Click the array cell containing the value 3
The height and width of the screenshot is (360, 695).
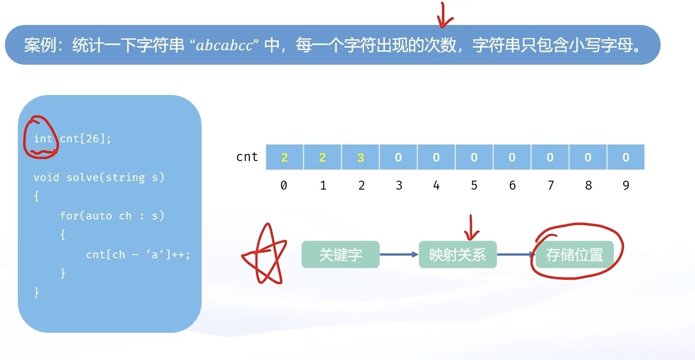[x=360, y=157]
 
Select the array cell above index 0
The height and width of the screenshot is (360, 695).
[x=285, y=157]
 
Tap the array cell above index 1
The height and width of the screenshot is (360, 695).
[x=323, y=157]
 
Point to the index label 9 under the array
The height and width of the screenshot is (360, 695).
[x=626, y=185]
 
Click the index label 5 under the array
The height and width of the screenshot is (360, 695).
[x=474, y=185]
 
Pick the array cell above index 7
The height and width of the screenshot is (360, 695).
[x=550, y=157]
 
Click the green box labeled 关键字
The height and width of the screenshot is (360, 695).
[x=340, y=255]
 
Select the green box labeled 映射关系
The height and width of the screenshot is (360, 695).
[x=457, y=255]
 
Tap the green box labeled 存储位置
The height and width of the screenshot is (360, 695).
[x=575, y=255]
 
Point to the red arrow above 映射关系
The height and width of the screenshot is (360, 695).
[x=471, y=228]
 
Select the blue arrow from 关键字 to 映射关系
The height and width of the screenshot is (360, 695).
[x=399, y=255]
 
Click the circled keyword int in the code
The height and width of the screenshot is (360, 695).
[x=43, y=139]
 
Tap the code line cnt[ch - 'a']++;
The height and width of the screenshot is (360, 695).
[x=138, y=255]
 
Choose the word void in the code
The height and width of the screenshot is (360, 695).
[x=46, y=178]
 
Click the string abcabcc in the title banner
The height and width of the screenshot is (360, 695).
[x=224, y=46]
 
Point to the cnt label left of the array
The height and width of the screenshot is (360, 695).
[x=247, y=157]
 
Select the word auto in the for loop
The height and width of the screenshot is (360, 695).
[x=99, y=216]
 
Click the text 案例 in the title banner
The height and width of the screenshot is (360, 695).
[x=40, y=46]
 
